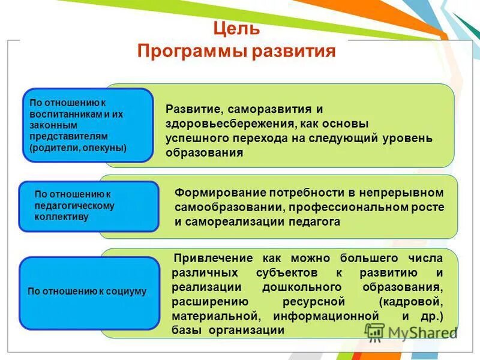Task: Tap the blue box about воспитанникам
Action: click(88, 125)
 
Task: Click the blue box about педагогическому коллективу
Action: click(88, 206)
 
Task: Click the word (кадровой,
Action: click(410, 301)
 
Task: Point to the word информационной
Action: click(326, 316)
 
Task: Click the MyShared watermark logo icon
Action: click(374, 332)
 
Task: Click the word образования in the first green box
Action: click(205, 152)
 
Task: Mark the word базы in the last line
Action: click(188, 331)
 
